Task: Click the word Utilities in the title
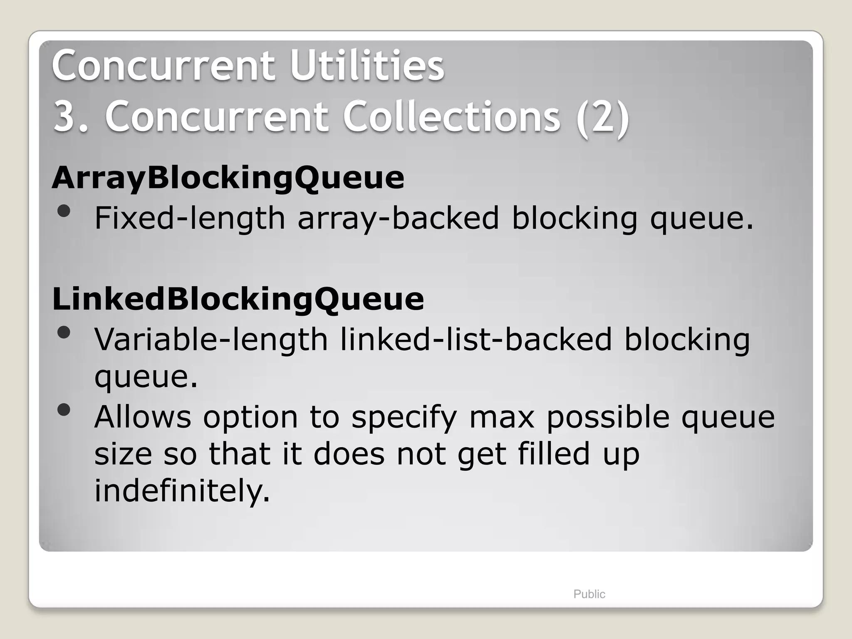coord(367,66)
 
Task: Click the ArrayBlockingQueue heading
coord(228,178)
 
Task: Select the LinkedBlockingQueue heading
coord(238,299)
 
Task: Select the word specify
coord(404,418)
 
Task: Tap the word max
coord(502,417)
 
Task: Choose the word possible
coord(608,417)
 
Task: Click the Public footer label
coord(589,594)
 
